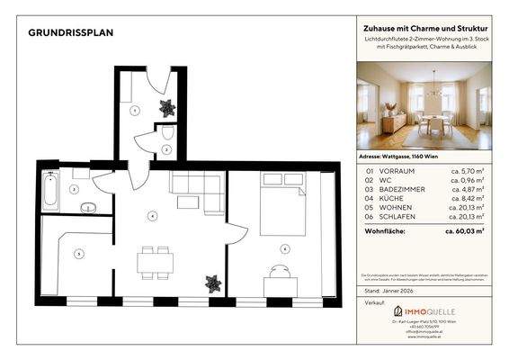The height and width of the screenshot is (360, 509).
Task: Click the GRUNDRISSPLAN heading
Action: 70,32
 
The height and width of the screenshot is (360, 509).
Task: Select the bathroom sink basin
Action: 87,208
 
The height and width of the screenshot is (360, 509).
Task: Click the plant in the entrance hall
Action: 166,107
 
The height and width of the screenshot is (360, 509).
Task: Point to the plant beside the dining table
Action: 212,282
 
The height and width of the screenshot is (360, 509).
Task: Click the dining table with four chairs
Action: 155,263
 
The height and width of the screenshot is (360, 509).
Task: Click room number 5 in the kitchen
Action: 78,254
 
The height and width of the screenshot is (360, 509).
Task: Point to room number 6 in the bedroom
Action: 284,247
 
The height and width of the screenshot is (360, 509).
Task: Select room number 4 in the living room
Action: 153,215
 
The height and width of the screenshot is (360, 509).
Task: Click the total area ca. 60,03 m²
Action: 464,230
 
